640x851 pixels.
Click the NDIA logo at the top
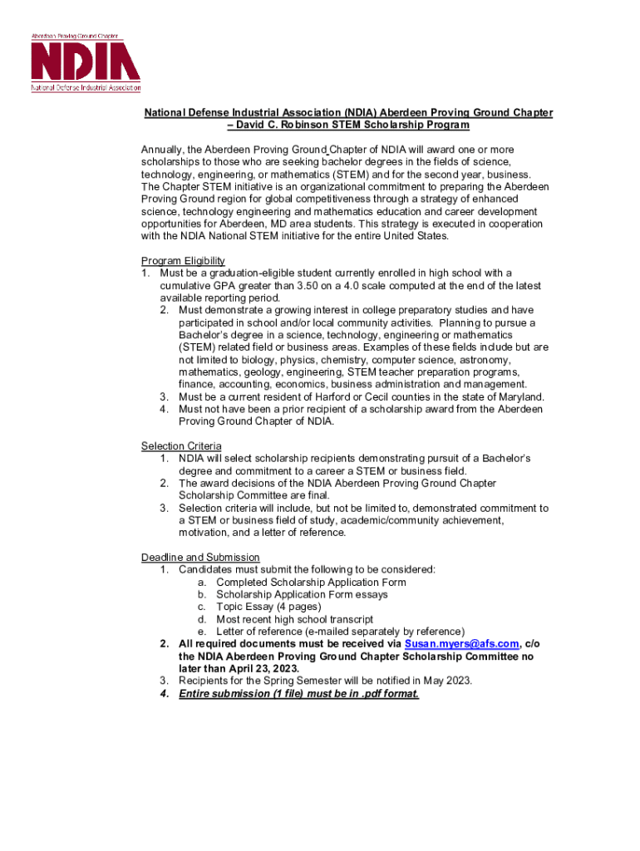pyautogui.click(x=86, y=63)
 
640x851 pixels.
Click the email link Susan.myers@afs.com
pyautogui.click(x=461, y=644)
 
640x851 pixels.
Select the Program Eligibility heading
pyautogui.click(x=183, y=261)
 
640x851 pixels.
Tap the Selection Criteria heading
pyautogui.click(x=181, y=446)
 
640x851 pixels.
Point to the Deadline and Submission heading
pyautogui.click(x=200, y=557)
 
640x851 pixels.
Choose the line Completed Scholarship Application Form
pyautogui.click(x=311, y=582)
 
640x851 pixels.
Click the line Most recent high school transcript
pyautogui.click(x=294, y=619)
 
